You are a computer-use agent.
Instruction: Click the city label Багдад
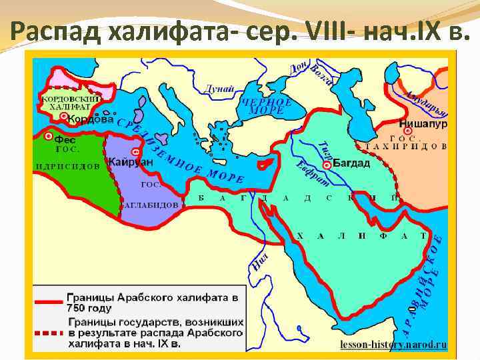(x=351, y=163)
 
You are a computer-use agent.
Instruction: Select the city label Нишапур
(x=423, y=124)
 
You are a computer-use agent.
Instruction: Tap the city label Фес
(x=65, y=141)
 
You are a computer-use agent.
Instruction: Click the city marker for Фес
(x=49, y=136)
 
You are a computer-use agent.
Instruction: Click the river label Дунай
(x=221, y=89)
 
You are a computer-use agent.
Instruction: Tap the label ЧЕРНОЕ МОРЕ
(x=266, y=107)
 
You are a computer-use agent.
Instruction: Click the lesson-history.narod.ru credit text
(x=393, y=345)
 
